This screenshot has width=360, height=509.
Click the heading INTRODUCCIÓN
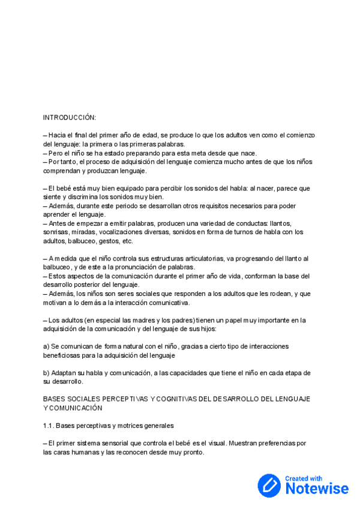click(x=70, y=117)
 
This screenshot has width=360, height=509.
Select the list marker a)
click(x=46, y=346)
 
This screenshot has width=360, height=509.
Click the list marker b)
click(x=46, y=373)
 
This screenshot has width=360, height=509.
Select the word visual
click(x=214, y=444)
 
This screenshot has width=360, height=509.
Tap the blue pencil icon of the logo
click(x=269, y=486)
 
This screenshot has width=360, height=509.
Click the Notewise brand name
click(x=317, y=489)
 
